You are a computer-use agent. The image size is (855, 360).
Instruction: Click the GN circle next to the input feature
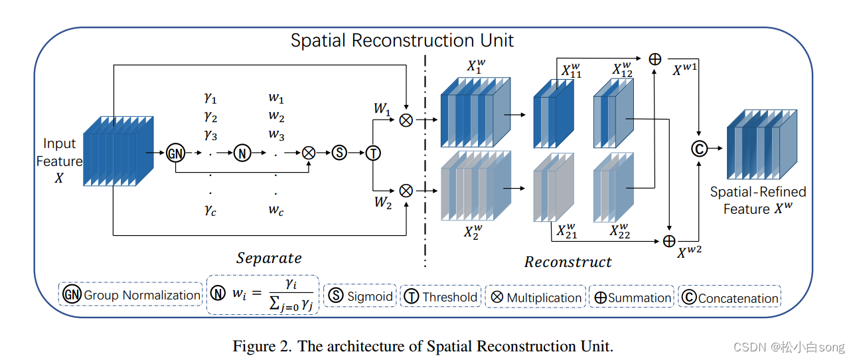coord(175,152)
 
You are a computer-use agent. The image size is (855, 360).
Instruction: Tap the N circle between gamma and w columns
coord(242,152)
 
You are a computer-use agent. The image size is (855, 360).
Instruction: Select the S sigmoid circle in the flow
coord(339,152)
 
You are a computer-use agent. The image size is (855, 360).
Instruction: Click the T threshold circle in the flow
coord(374,152)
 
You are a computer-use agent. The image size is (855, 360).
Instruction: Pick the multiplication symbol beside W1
coord(406,120)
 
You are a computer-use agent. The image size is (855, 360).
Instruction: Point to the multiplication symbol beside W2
coord(406,191)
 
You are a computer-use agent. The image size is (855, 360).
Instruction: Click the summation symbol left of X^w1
coord(655,59)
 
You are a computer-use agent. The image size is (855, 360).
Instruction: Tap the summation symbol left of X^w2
coord(669,240)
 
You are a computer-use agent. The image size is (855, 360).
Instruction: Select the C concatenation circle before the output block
coord(698,149)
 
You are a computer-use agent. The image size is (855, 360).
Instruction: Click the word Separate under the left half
coord(269,258)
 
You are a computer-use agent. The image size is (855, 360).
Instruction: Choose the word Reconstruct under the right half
coord(568,262)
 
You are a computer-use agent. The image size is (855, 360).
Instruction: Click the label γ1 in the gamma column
coord(210,99)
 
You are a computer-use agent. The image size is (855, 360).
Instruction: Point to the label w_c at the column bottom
coord(276,211)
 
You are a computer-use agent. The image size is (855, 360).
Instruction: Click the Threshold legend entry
coord(449,297)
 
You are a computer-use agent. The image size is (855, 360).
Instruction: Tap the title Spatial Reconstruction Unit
coord(402,40)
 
